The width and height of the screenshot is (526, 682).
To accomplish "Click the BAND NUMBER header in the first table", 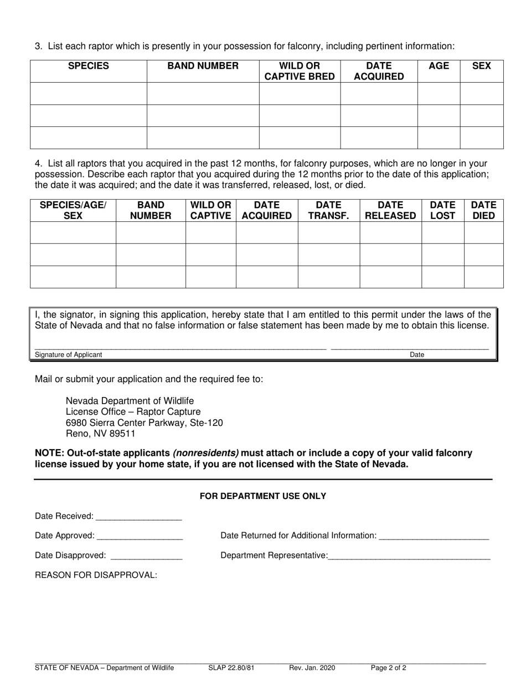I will click(x=203, y=66).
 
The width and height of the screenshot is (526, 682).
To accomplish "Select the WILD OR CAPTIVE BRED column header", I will click(x=300, y=71).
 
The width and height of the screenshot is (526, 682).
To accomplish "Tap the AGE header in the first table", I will click(x=439, y=66).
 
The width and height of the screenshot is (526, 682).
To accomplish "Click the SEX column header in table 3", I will click(x=481, y=66).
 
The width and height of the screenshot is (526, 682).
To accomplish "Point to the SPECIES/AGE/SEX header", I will click(x=73, y=210).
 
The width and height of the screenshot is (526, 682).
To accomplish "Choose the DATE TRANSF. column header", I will click(x=328, y=210).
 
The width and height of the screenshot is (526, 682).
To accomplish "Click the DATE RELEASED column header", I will click(x=390, y=210).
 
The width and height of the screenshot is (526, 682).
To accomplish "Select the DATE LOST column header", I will click(x=442, y=210).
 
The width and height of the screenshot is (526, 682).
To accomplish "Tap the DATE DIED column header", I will click(x=483, y=210).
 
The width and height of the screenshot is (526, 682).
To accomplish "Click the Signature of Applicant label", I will click(x=68, y=355).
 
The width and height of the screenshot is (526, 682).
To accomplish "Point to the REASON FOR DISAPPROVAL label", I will click(x=96, y=575).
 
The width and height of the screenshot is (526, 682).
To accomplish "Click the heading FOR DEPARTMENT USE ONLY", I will click(x=262, y=496).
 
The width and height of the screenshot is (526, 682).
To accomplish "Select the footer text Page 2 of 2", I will click(x=388, y=668).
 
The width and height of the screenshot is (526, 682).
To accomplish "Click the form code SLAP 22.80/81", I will click(x=231, y=668).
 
